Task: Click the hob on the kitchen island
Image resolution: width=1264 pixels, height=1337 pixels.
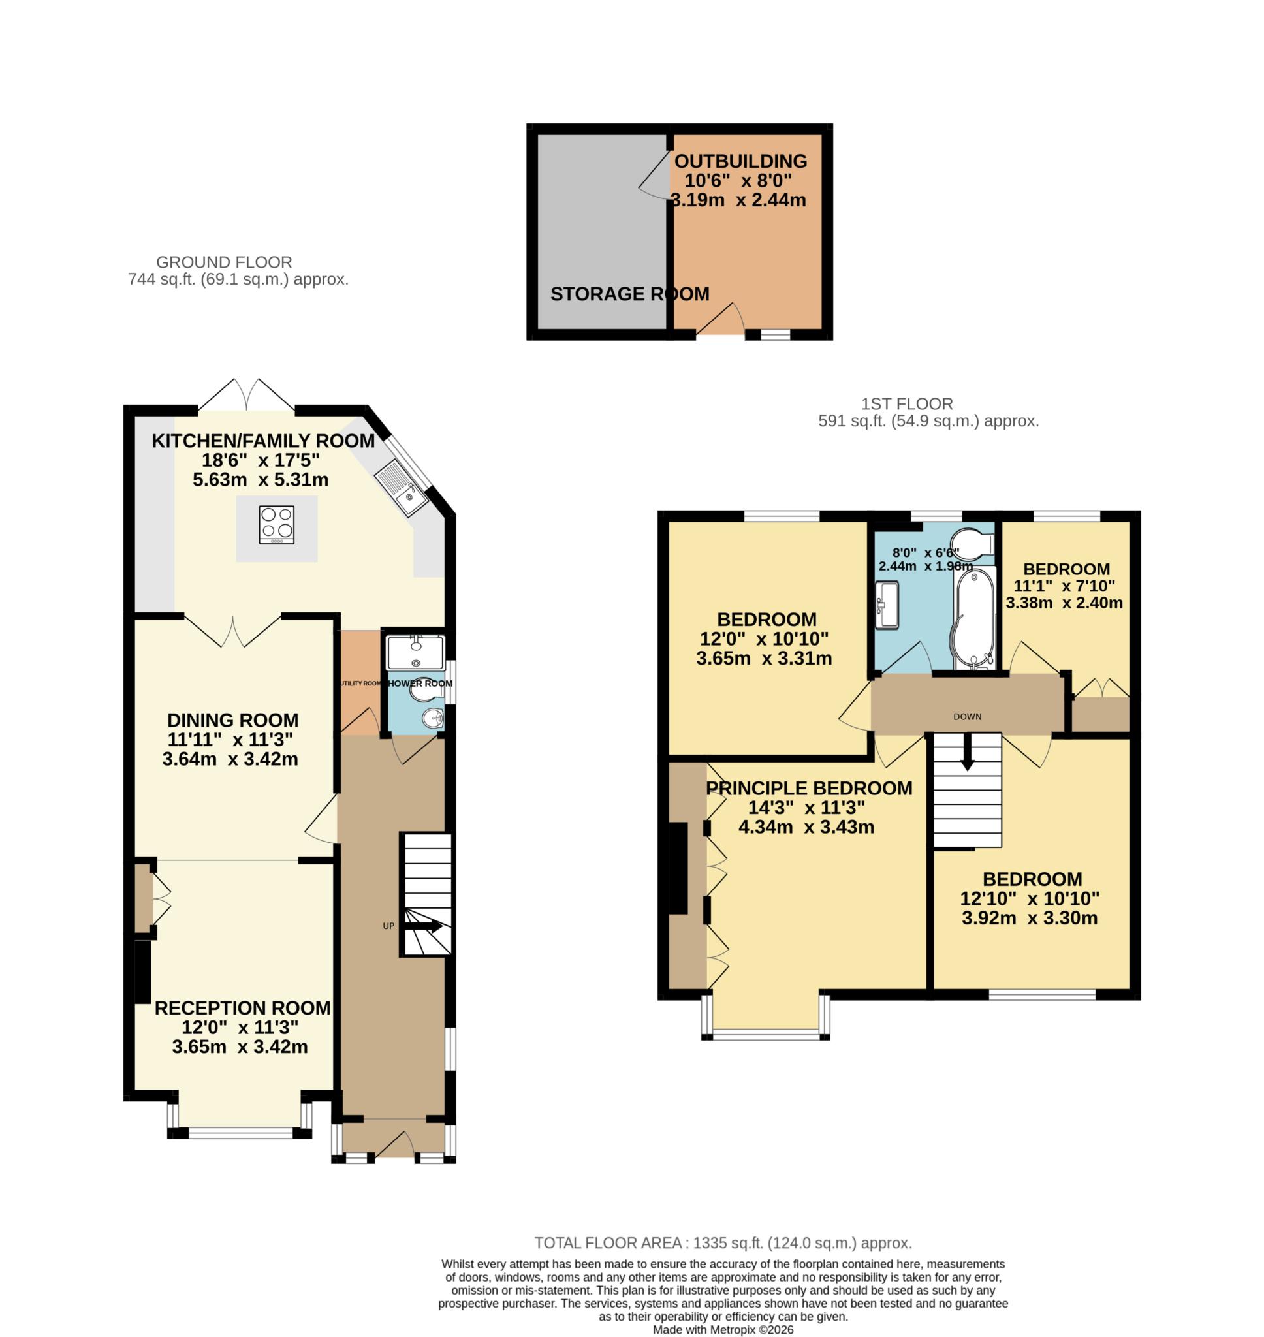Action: click(276, 524)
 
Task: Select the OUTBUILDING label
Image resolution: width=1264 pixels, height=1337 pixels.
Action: click(740, 161)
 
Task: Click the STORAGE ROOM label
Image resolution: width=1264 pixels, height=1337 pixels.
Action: click(629, 294)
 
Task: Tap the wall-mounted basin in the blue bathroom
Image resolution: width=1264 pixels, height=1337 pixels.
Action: click(887, 605)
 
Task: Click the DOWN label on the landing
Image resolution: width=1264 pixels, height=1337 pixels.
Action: click(967, 717)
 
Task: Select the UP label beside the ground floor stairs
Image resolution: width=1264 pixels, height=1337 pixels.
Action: click(388, 926)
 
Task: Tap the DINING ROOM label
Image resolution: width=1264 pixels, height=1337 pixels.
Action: click(232, 720)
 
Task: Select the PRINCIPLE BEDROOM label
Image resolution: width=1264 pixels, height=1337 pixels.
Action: click(808, 788)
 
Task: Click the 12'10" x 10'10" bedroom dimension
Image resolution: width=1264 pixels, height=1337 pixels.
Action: click(1030, 898)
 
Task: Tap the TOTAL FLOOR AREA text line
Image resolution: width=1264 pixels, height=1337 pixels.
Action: click(722, 1243)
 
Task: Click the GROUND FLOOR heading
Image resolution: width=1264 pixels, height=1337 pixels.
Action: click(225, 262)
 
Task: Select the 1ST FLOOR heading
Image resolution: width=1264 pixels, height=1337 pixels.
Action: click(907, 404)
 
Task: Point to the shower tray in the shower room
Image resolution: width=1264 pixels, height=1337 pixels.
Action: click(415, 652)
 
